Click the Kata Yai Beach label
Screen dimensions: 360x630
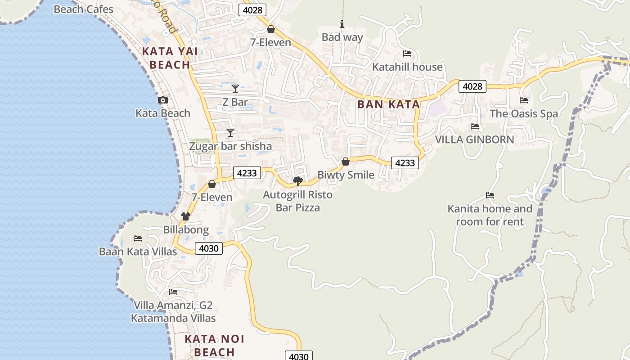(170, 58)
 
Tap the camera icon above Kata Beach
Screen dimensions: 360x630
(163, 100)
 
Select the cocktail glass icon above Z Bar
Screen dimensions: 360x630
(235, 88)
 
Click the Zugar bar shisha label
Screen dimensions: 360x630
(230, 146)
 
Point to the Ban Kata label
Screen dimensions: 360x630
(388, 104)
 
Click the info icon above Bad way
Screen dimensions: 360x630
(342, 24)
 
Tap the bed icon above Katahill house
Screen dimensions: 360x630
(407, 54)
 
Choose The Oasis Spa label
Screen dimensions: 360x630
(524, 114)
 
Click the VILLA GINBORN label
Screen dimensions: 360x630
(474, 139)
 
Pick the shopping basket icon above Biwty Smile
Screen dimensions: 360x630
(346, 162)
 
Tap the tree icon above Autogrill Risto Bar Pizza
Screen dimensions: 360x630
(297, 181)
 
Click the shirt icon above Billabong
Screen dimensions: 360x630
(186, 216)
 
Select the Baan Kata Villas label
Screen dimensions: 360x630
(138, 252)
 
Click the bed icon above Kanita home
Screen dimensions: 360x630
(490, 195)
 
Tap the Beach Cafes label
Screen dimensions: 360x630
(83, 9)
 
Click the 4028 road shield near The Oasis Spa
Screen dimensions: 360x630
(472, 86)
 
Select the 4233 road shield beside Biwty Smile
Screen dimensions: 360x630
(405, 163)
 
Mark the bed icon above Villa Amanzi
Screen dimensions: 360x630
(173, 292)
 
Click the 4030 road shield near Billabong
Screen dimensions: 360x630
(209, 248)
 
